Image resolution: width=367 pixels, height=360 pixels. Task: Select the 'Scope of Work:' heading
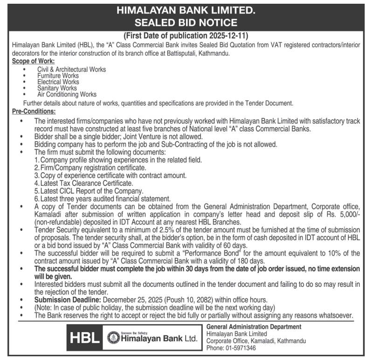(x=33, y=61)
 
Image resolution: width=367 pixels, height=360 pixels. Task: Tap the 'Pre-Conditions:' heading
(x=34, y=111)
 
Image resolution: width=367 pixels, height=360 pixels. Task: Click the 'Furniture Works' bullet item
(x=58, y=75)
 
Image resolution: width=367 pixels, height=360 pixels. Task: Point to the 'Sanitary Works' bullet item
(x=57, y=88)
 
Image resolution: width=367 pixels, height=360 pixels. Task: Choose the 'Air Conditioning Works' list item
(x=67, y=94)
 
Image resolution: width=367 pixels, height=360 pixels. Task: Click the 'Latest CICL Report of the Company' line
(x=89, y=191)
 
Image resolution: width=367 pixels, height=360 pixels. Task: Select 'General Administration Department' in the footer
(x=253, y=326)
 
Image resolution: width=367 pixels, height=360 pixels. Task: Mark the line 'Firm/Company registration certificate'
(x=92, y=167)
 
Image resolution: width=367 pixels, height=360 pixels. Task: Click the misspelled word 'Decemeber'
(x=118, y=300)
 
